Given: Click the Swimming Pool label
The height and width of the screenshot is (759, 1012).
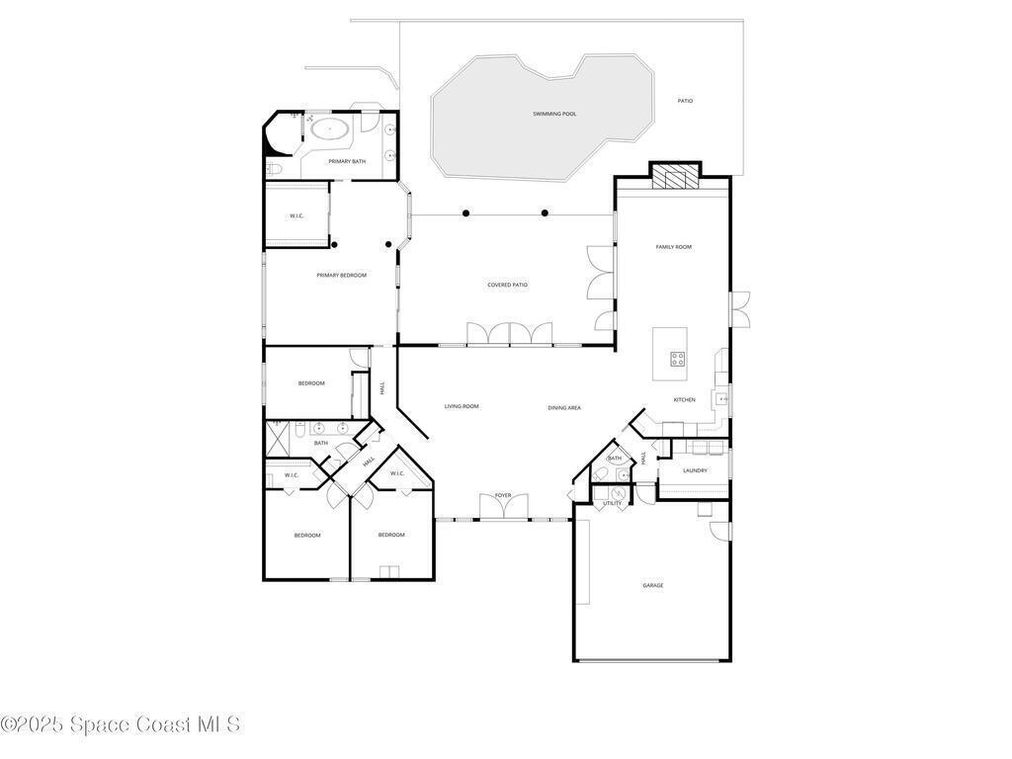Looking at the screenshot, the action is pyautogui.click(x=554, y=114).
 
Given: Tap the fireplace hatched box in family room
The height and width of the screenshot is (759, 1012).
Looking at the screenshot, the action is pyautogui.click(x=675, y=177).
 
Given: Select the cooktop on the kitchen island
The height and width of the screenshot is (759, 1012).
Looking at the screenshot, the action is pyautogui.click(x=677, y=359).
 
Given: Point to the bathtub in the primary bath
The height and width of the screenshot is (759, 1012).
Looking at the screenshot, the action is pyautogui.click(x=330, y=129).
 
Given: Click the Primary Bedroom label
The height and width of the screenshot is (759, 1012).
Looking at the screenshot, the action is pyautogui.click(x=341, y=275).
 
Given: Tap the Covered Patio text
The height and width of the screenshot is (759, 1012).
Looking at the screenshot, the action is pyautogui.click(x=507, y=285).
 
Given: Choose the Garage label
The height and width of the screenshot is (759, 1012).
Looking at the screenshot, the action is pyautogui.click(x=652, y=585).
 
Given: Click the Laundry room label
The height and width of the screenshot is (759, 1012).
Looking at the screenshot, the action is pyautogui.click(x=695, y=470).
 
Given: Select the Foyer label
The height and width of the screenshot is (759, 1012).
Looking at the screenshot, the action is pyautogui.click(x=503, y=496).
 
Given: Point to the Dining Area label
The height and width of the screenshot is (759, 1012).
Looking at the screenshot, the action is pyautogui.click(x=564, y=408).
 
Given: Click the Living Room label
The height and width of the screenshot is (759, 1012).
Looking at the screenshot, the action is pyautogui.click(x=462, y=406).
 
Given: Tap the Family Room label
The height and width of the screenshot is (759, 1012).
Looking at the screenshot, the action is pyautogui.click(x=674, y=246).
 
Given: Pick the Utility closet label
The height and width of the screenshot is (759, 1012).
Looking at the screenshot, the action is pyautogui.click(x=613, y=503).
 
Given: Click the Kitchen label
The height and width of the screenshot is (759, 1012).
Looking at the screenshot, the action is pyautogui.click(x=685, y=400).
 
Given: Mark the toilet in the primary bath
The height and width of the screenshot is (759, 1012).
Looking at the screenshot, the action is pyautogui.click(x=274, y=170).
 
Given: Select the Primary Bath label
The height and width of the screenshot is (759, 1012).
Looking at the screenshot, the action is pyautogui.click(x=347, y=161).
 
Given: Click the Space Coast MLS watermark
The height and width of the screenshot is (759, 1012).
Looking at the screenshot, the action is pyautogui.click(x=121, y=724).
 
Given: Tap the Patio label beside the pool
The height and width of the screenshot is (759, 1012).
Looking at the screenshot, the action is pyautogui.click(x=686, y=101).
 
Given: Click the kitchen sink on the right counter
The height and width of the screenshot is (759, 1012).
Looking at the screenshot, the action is pyautogui.click(x=720, y=399).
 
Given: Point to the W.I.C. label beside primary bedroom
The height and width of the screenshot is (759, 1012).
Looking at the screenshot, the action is pyautogui.click(x=296, y=216).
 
